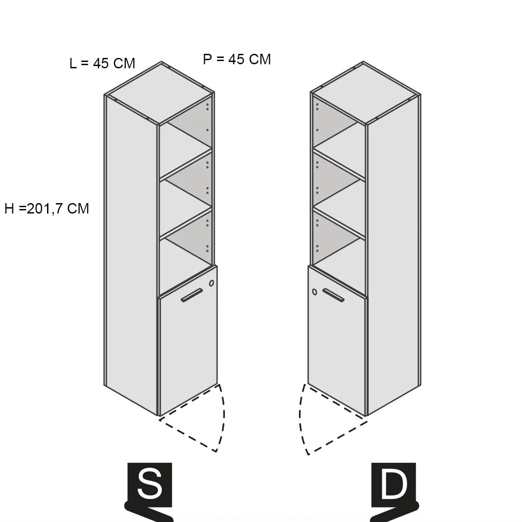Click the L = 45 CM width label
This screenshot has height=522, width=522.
pos(102,63)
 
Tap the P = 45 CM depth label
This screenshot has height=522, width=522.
pos(237,59)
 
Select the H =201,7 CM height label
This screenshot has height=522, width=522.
pos(47,209)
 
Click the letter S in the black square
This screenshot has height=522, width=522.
pos(150,484)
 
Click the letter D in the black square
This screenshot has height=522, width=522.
pos(394,484)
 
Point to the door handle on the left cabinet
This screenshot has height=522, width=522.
pos(192,295)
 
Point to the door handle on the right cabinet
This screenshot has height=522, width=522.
pos(334,295)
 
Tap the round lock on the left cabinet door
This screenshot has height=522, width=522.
pos(211,283)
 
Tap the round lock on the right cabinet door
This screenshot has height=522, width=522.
pos(314,292)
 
